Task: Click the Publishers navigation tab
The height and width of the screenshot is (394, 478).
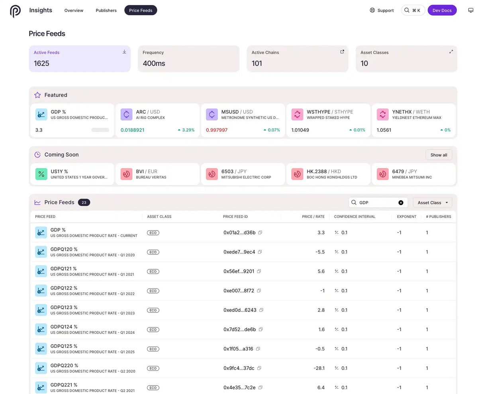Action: point(106,10)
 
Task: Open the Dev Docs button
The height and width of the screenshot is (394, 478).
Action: point(442,10)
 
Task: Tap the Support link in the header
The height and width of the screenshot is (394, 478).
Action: point(382,10)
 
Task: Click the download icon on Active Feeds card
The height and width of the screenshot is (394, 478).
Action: point(124,52)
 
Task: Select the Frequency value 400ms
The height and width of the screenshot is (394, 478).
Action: point(154,63)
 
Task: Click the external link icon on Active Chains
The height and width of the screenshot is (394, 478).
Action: point(342,52)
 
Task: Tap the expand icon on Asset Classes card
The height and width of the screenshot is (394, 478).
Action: point(451,52)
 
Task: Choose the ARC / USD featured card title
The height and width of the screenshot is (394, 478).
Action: point(147,112)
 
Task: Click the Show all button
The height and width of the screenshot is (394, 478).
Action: point(439,155)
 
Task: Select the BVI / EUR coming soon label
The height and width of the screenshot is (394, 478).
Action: point(145,171)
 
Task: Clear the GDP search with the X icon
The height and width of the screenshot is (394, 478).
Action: point(401,203)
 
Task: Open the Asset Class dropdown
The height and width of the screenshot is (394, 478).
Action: point(432,203)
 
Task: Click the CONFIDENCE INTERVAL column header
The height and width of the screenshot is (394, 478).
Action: point(355,217)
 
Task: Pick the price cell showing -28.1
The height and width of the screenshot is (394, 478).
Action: point(319,368)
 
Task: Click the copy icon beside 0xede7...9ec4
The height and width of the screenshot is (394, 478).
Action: point(260,252)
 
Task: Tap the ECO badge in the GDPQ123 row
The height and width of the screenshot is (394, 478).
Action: point(153,310)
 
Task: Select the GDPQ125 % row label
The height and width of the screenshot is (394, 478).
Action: point(64,346)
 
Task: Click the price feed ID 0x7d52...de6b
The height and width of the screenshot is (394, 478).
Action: point(239,329)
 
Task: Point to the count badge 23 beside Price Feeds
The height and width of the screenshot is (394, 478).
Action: point(84,203)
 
